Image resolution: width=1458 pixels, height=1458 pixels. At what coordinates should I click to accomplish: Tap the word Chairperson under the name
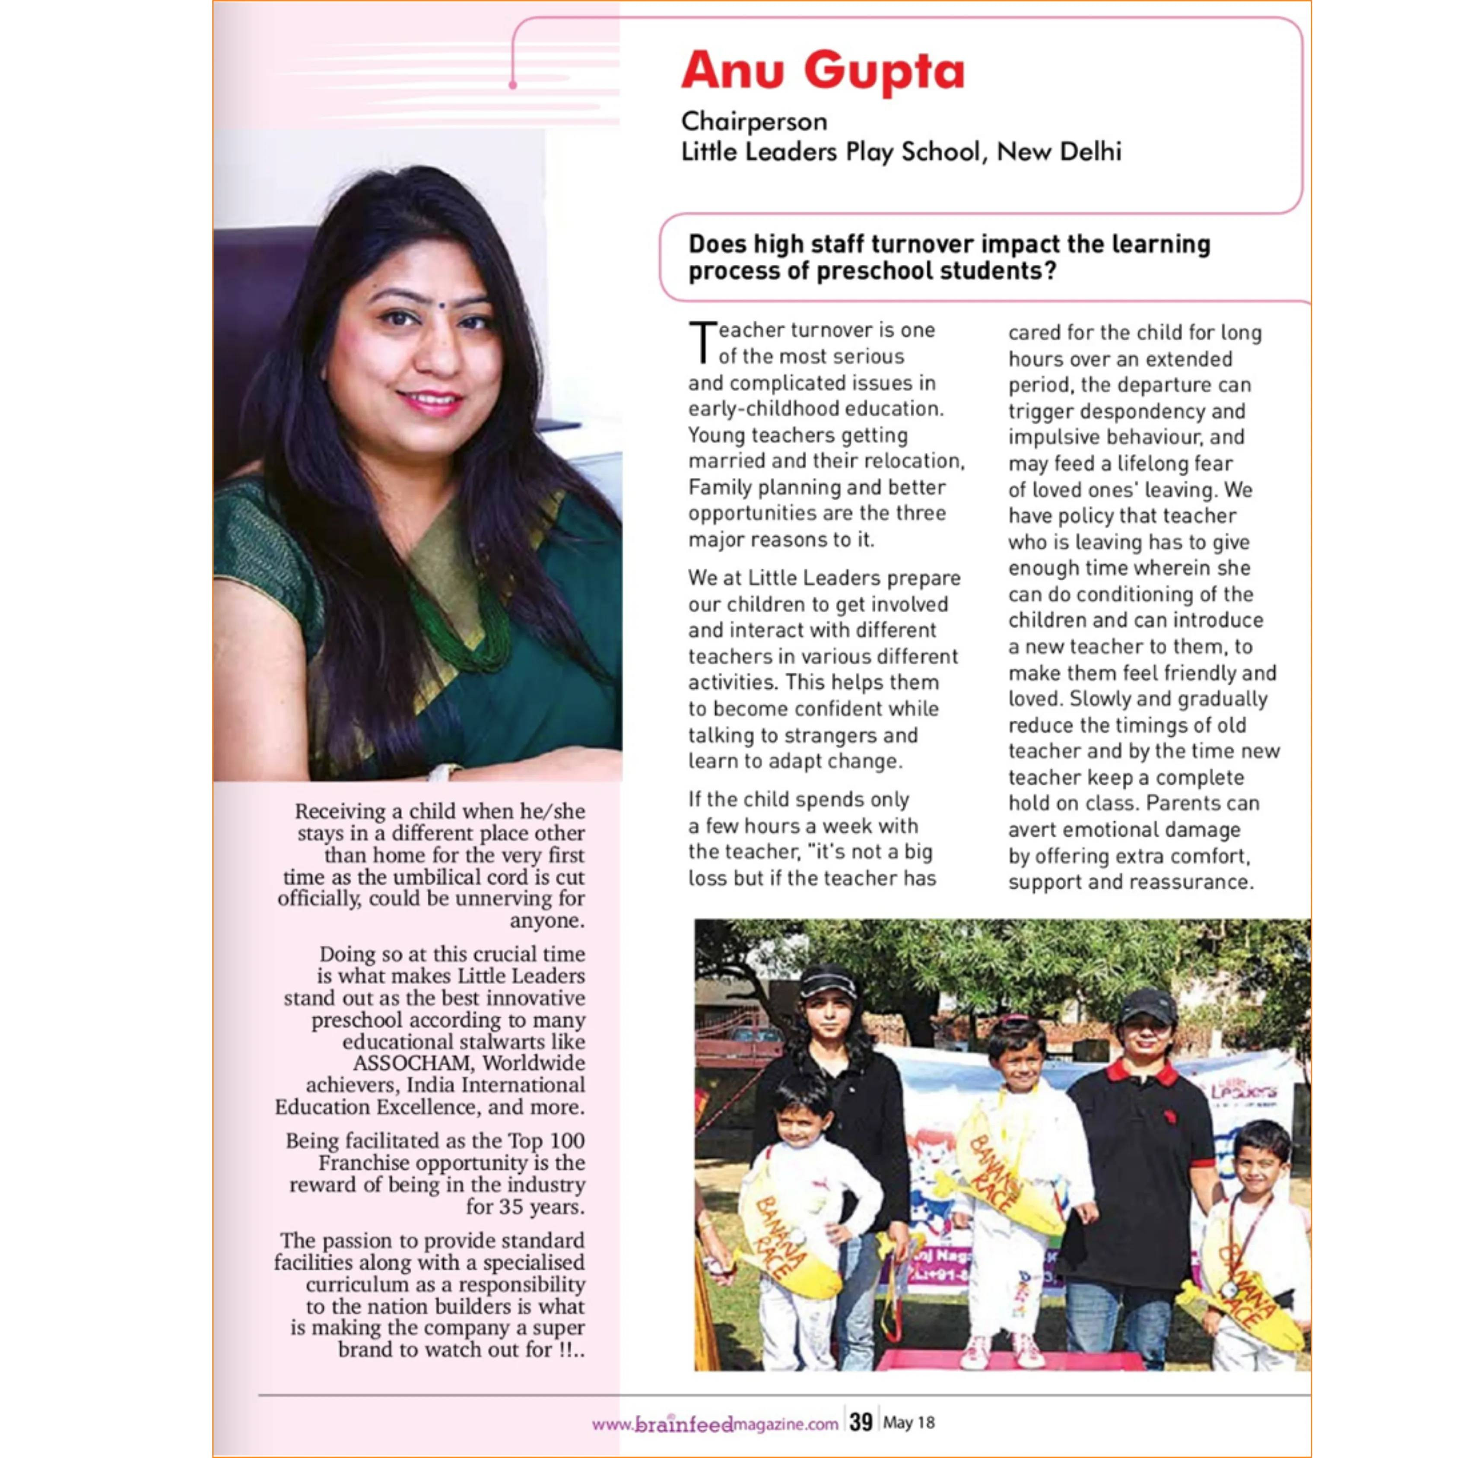(754, 121)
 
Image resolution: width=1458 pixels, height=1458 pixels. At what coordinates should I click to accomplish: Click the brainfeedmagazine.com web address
(715, 1424)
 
